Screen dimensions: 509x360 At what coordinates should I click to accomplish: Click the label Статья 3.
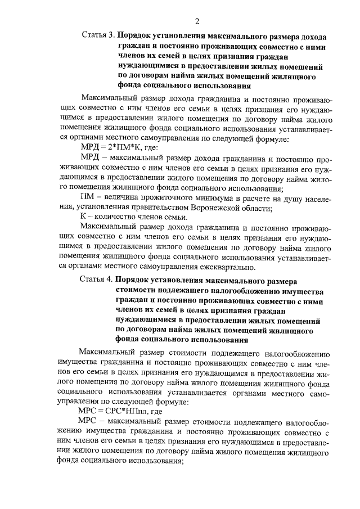[x=97, y=35]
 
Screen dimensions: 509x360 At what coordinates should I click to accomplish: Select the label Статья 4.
[x=97, y=279]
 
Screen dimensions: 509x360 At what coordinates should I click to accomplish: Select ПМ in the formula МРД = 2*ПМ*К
[x=121, y=147]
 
